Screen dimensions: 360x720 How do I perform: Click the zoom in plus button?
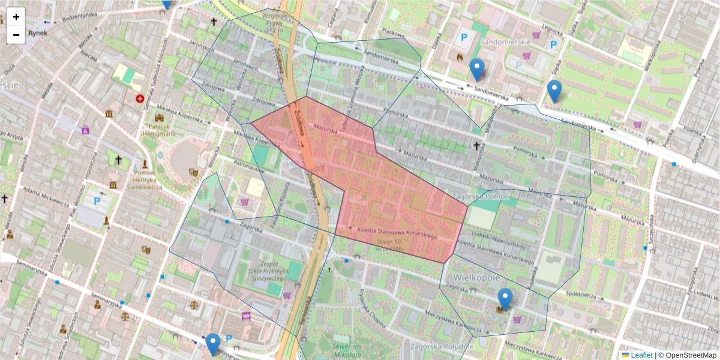click(16, 17)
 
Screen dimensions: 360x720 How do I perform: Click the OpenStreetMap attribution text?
click(690, 355)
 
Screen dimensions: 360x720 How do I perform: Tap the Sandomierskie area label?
click(509, 42)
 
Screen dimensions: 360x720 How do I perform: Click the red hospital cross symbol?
click(140, 98)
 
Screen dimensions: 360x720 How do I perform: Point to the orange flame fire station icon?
click(460, 57)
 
